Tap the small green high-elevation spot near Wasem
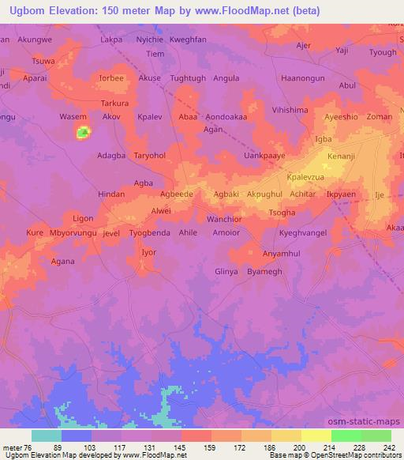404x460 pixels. [x=81, y=133]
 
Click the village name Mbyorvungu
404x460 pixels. [x=73, y=233]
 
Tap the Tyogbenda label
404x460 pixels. [x=150, y=233]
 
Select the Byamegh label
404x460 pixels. [x=264, y=271]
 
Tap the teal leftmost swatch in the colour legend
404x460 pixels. [x=47, y=435]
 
